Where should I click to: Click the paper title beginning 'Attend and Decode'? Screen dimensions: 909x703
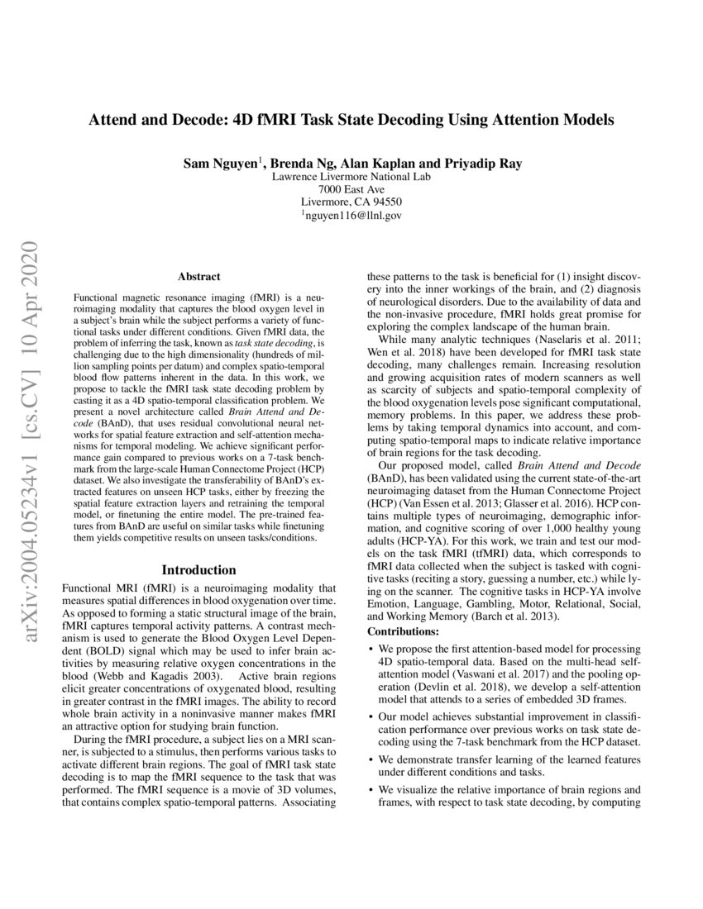(351, 120)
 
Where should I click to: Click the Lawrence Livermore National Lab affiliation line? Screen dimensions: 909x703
(351, 176)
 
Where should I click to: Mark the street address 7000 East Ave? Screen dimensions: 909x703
(351, 188)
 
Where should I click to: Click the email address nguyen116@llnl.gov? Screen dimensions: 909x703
(354, 215)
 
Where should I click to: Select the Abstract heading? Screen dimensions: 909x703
(198, 277)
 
